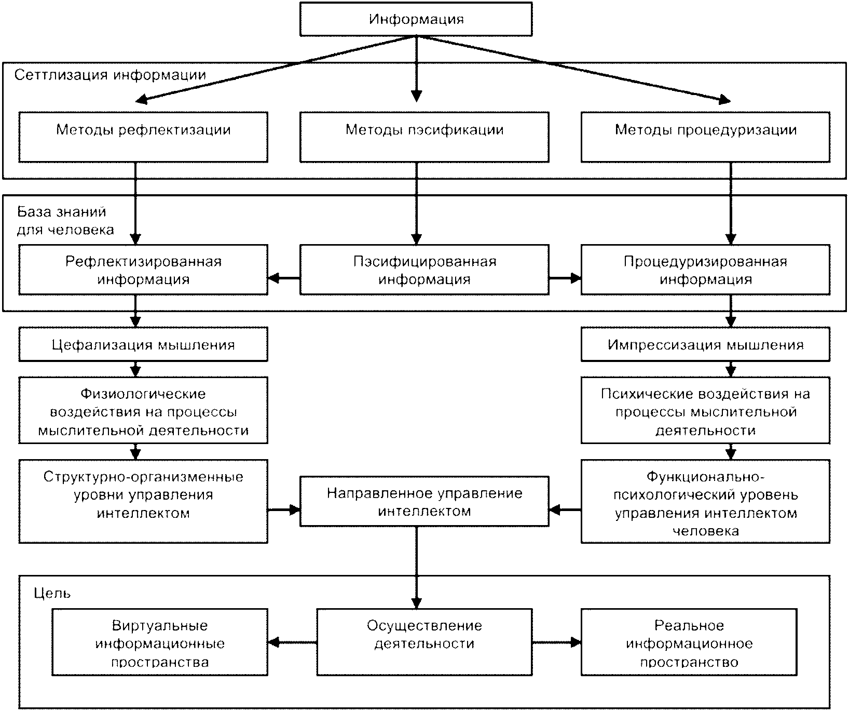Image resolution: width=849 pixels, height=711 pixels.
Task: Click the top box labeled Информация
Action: [x=416, y=20]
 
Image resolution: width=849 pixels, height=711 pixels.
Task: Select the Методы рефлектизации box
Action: [x=143, y=137]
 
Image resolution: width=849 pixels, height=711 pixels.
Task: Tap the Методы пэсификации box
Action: [x=424, y=137]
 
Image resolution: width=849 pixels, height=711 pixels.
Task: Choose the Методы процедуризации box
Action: [x=705, y=137]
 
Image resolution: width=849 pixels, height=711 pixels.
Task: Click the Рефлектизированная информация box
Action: [x=143, y=270]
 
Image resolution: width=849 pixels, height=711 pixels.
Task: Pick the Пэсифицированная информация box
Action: [x=424, y=270]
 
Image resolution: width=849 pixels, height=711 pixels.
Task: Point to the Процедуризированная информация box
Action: [x=705, y=270]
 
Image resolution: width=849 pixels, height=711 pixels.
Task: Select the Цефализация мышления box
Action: [x=143, y=344]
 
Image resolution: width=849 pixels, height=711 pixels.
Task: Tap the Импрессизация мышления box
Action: [x=705, y=344]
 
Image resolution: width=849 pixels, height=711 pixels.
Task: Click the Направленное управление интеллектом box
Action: [x=424, y=501]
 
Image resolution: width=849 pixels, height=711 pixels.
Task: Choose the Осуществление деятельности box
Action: [x=424, y=642]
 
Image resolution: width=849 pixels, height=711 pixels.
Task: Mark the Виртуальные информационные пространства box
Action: [x=160, y=642]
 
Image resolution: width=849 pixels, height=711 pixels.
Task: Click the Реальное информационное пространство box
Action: [x=689, y=642]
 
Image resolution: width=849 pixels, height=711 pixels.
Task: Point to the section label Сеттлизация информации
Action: [x=110, y=75]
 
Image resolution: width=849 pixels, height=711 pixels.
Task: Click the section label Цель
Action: [x=52, y=593]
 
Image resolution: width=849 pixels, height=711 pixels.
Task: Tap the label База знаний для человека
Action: [x=65, y=221]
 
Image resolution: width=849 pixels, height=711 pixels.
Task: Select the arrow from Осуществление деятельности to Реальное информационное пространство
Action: [x=557, y=642]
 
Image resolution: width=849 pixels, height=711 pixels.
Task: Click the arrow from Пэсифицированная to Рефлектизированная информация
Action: [x=284, y=278]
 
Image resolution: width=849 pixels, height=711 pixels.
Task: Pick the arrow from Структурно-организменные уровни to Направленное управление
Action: [x=284, y=510]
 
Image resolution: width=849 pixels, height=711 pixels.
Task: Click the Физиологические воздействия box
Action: [x=143, y=410]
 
